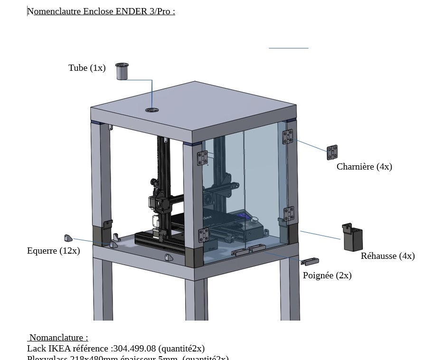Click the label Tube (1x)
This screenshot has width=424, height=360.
click(87, 68)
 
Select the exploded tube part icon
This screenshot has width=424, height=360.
click(122, 72)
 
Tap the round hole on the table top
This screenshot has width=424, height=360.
click(152, 110)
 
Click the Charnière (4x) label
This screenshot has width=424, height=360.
click(364, 167)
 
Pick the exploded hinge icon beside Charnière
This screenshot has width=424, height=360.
click(332, 152)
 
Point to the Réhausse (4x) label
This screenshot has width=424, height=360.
click(387, 256)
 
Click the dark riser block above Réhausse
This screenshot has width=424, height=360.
click(352, 237)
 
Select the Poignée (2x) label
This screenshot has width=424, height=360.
click(327, 275)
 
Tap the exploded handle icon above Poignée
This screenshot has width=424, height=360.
click(310, 261)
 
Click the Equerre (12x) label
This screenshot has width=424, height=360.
click(53, 251)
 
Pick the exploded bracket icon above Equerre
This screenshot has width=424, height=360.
click(68, 238)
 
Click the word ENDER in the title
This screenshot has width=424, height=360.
click(131, 11)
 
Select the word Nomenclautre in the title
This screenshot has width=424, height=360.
click(54, 11)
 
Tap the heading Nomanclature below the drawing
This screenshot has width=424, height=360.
click(58, 338)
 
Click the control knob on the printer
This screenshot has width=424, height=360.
click(254, 220)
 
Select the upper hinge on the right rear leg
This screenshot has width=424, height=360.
click(288, 136)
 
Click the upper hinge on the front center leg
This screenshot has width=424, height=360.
click(202, 158)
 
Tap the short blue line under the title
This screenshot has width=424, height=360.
click(288, 48)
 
